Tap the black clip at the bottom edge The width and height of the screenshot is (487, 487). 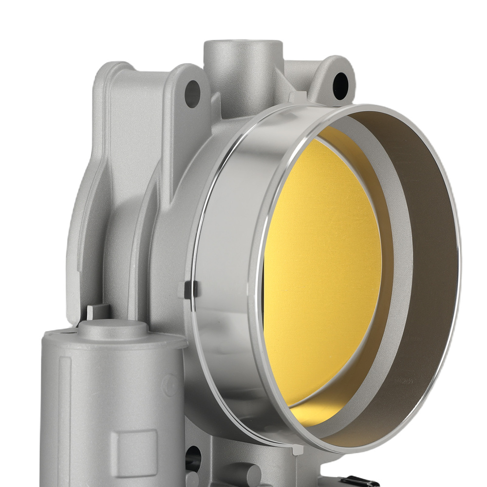(x=356, y=483)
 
